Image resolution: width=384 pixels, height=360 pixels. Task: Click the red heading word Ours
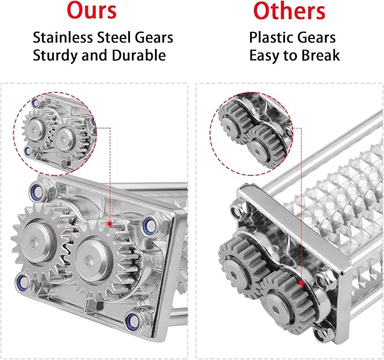click(x=92, y=10)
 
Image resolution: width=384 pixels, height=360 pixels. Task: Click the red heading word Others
click(x=289, y=11)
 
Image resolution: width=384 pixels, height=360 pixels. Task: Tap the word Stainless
click(x=63, y=37)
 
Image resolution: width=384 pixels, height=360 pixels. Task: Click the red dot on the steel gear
click(x=110, y=224)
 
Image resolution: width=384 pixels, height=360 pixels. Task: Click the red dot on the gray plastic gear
click(x=301, y=284)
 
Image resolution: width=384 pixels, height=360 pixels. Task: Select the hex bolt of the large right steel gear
click(x=88, y=262)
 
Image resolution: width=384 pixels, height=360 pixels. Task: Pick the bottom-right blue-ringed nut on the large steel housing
click(x=132, y=319)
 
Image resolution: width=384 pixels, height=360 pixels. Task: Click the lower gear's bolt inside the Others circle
click(x=258, y=151)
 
